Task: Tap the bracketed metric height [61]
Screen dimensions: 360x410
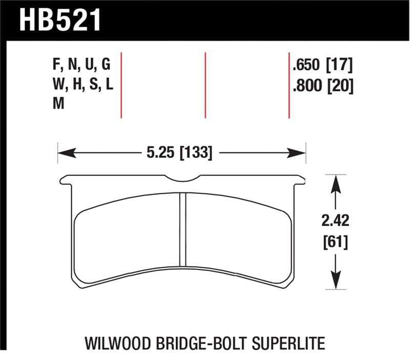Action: click(x=335, y=242)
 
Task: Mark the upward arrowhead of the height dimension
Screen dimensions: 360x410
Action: click(x=335, y=181)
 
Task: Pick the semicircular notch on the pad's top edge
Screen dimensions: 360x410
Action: click(x=183, y=179)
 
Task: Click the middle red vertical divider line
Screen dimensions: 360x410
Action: click(x=205, y=85)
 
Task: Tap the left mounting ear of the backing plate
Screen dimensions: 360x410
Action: click(x=66, y=180)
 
